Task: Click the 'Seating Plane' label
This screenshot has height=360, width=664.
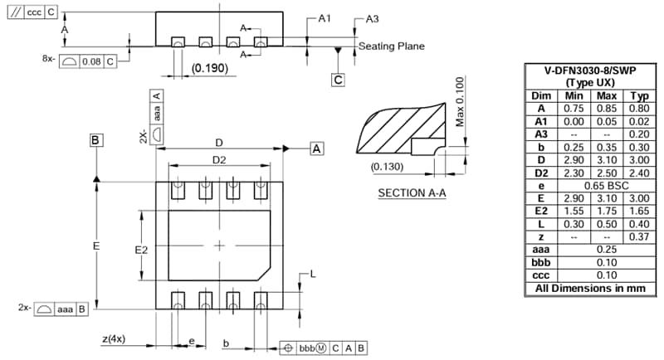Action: (x=392, y=46)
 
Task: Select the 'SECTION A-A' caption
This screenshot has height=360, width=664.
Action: (x=413, y=193)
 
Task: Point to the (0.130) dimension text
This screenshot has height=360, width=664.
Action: (x=388, y=167)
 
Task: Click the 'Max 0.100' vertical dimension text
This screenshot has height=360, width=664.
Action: (x=460, y=102)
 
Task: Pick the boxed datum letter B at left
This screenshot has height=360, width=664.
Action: (x=96, y=140)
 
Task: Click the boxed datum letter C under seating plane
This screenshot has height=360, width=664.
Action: (x=338, y=80)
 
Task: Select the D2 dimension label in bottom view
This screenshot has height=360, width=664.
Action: (x=219, y=159)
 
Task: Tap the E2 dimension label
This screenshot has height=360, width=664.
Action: (x=141, y=248)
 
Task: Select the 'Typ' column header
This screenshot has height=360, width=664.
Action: (x=638, y=95)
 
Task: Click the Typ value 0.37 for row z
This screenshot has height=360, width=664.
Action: (x=638, y=236)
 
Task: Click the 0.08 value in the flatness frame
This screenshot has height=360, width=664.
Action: (x=91, y=60)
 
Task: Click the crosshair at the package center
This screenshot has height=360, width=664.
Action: (x=219, y=246)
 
